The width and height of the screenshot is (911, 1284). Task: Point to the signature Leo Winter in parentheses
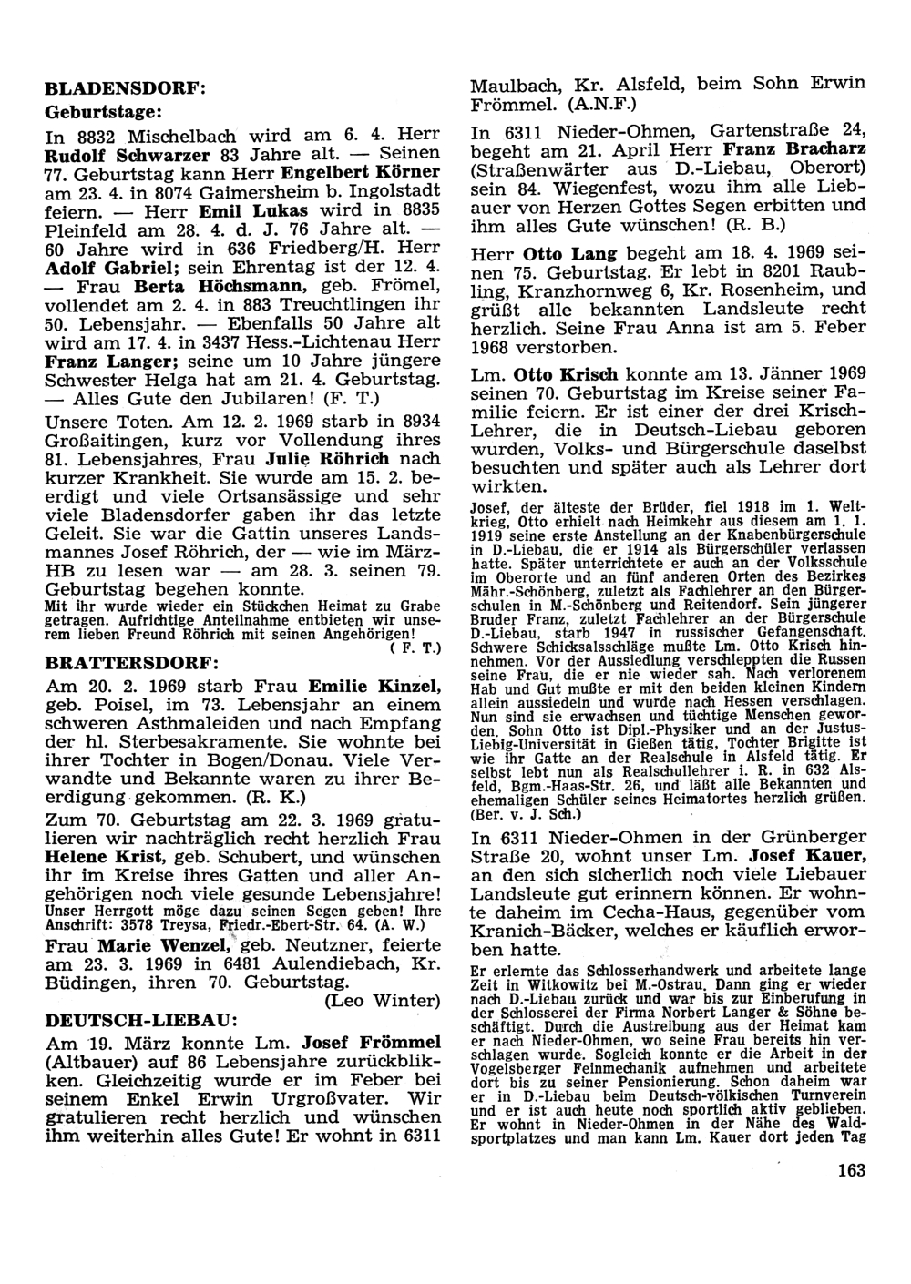point(382,1001)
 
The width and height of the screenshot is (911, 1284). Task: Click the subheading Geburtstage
point(103,112)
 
